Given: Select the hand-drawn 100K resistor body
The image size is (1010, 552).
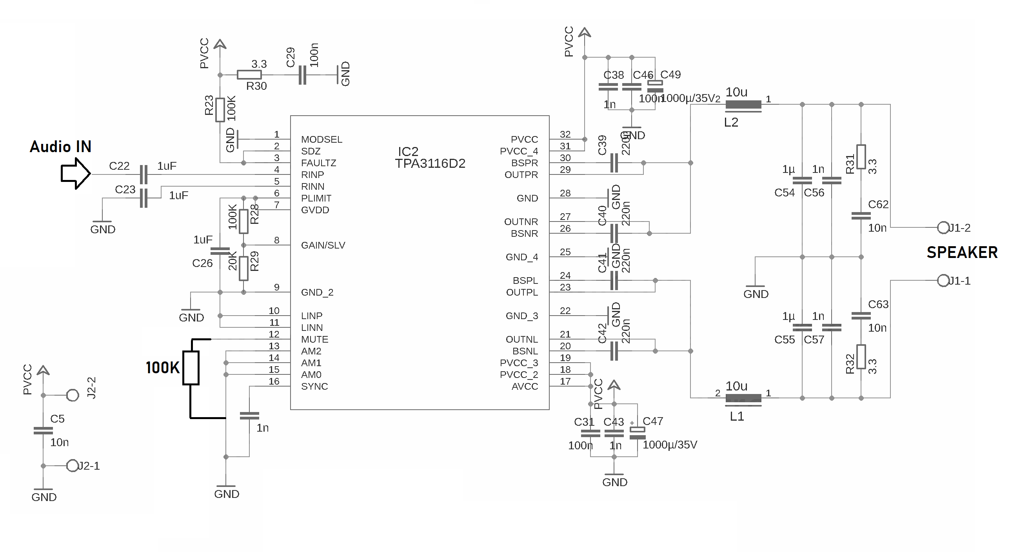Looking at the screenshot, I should (x=191, y=368).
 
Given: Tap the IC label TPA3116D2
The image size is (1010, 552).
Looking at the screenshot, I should (x=430, y=163).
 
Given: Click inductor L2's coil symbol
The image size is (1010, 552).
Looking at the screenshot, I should (x=743, y=105).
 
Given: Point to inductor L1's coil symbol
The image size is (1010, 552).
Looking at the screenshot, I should (x=743, y=398).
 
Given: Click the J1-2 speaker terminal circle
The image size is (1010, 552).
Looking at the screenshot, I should (x=943, y=227).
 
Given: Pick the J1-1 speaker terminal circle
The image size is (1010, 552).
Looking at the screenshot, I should (x=943, y=281).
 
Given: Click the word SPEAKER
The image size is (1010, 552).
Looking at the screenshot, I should (x=962, y=252).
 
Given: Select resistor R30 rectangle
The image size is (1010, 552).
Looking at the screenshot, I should (x=249, y=75).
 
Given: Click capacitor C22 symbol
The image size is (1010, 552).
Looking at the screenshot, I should (x=144, y=174).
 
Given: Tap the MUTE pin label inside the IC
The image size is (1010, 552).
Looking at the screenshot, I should (x=314, y=340).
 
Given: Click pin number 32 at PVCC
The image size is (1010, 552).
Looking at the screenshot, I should (x=565, y=134).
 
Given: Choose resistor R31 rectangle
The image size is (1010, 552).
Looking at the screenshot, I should (x=861, y=157).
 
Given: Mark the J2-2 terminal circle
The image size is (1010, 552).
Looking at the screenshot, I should (x=73, y=395).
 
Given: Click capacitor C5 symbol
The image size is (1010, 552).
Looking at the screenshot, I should (x=43, y=431).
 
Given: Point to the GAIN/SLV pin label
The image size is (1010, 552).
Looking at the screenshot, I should (x=323, y=245).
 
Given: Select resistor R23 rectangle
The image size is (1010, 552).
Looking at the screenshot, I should (x=220, y=110).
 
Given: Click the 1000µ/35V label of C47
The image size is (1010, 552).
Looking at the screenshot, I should (x=670, y=445).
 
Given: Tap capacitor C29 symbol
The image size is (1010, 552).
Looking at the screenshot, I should (x=302, y=75).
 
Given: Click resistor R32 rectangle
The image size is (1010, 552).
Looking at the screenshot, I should (x=861, y=357).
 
